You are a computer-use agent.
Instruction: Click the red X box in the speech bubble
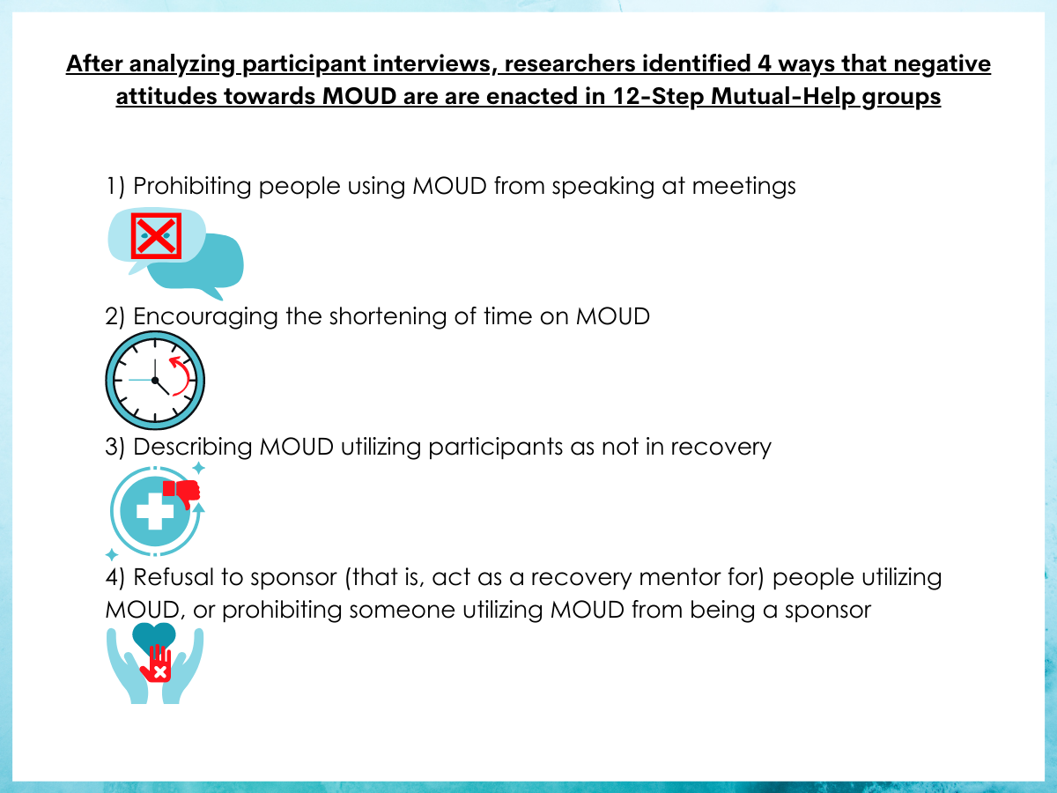click(156, 236)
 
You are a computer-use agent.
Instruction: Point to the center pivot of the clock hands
click(155, 381)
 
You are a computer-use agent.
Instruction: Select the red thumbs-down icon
click(181, 493)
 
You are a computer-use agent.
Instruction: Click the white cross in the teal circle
click(155, 511)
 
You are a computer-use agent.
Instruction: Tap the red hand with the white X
click(157, 663)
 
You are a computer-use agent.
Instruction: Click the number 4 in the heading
click(765, 64)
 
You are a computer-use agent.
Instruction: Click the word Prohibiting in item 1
click(192, 186)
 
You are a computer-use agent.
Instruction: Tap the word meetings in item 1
click(743, 187)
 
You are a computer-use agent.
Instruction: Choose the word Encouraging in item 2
click(205, 317)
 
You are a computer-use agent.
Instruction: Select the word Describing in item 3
click(192, 447)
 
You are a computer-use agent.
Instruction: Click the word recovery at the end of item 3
click(721, 448)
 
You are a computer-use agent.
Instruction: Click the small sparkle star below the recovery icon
click(112, 555)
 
